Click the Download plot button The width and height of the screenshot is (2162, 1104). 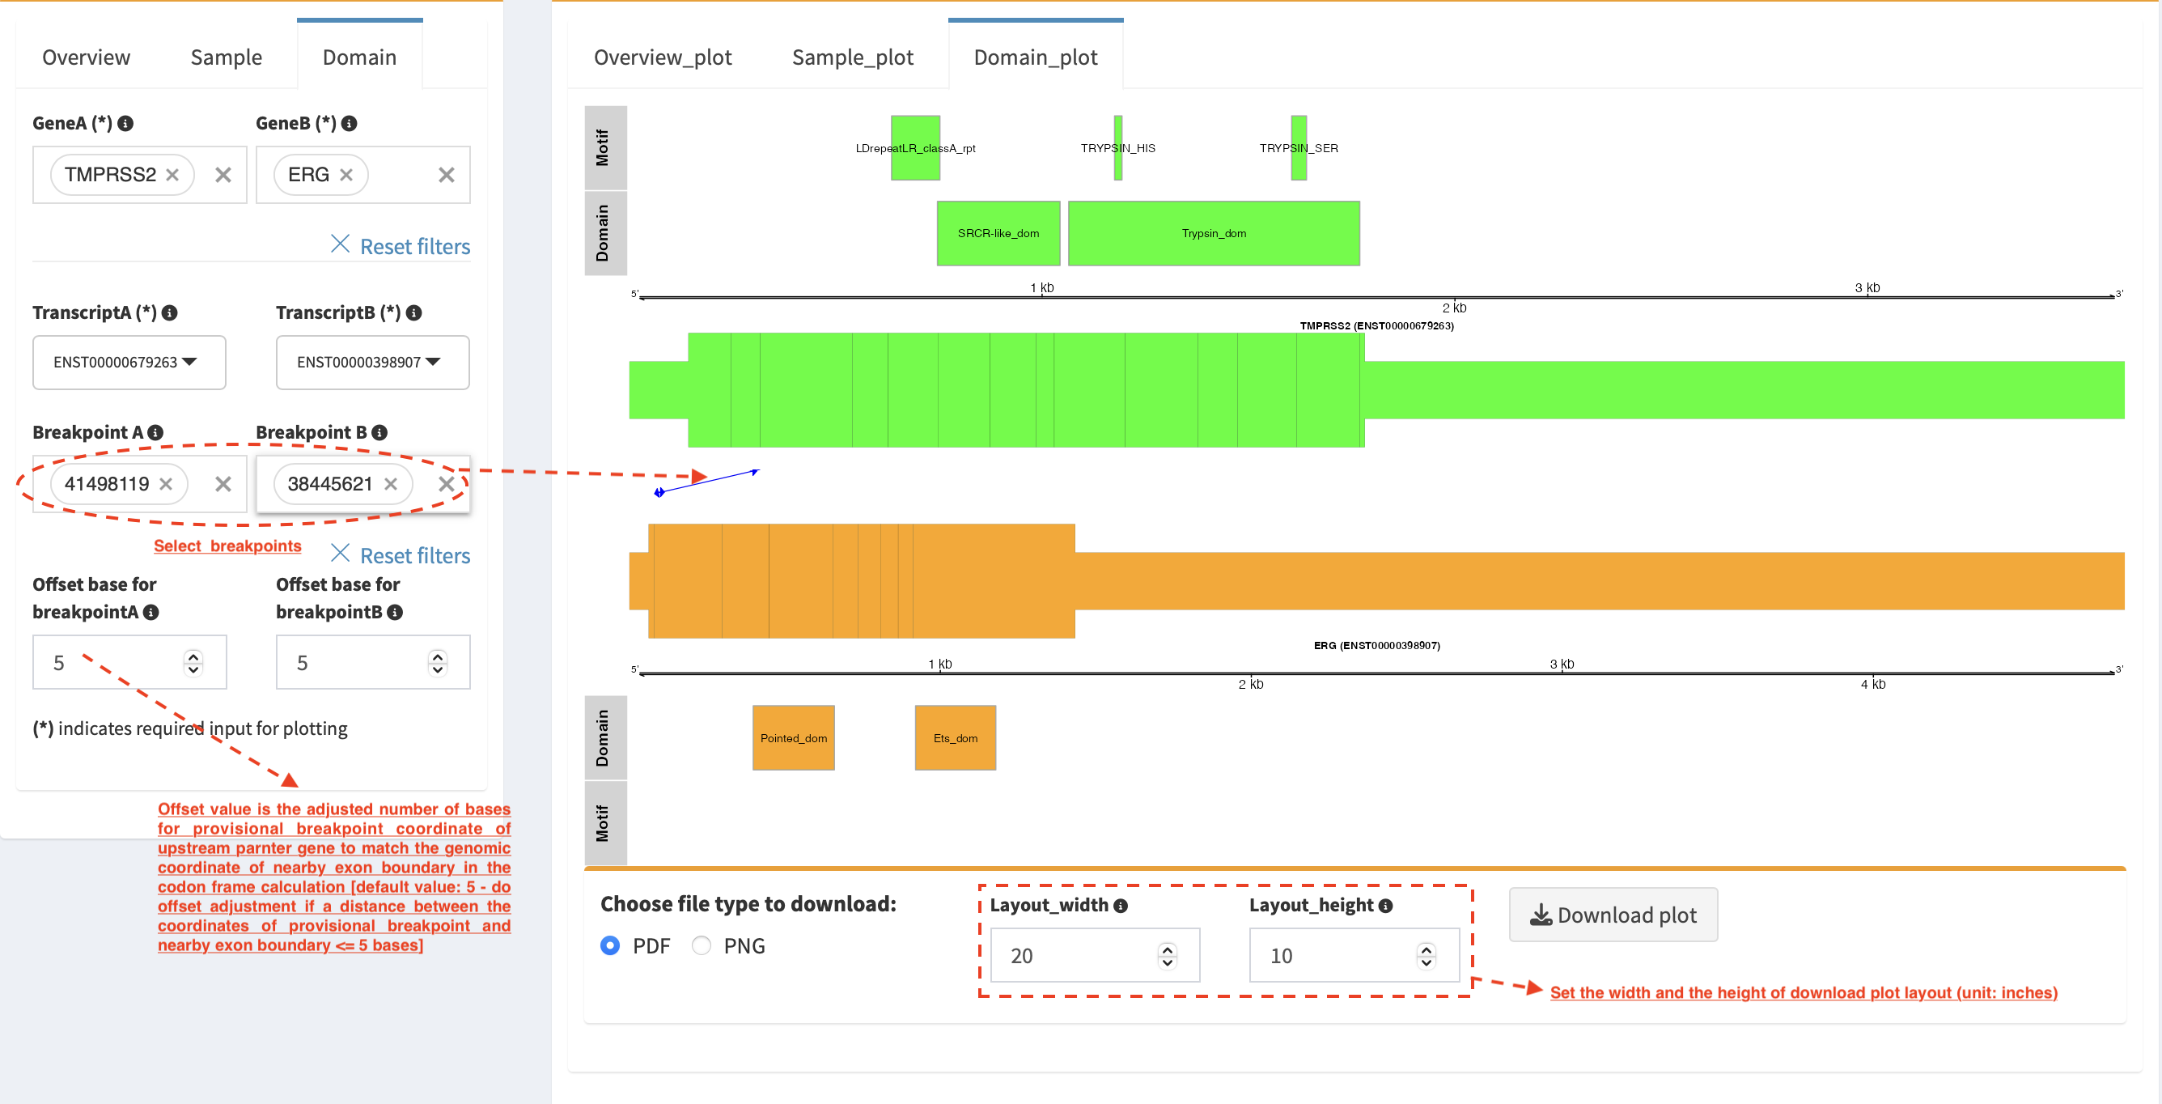(1613, 915)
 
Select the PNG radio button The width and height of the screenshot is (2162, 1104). (702, 946)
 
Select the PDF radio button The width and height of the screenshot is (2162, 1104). (610, 946)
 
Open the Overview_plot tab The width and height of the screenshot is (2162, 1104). (662, 57)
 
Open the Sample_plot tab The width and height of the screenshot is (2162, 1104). (852, 57)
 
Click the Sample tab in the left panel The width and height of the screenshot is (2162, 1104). (226, 57)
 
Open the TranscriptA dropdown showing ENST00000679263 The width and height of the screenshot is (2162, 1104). (129, 362)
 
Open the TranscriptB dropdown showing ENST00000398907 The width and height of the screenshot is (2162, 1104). (373, 362)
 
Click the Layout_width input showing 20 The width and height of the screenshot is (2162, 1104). (1095, 954)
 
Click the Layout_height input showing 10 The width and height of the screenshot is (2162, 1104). (1354, 954)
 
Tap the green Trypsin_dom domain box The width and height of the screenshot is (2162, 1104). (1214, 233)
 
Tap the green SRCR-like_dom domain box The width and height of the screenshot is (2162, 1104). (998, 233)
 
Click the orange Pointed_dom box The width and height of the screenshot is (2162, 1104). (793, 738)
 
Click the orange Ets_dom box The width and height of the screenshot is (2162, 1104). (955, 738)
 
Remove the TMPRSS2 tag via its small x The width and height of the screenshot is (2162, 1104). (172, 175)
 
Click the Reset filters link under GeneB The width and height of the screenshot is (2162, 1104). (401, 246)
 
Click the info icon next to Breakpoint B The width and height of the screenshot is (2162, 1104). (379, 432)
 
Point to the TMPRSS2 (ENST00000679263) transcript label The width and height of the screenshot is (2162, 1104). (1376, 325)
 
